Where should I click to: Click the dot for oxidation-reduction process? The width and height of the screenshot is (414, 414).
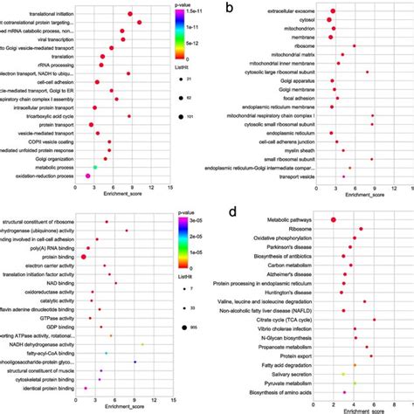point(88,176)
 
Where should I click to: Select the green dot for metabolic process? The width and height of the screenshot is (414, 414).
point(95,166)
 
